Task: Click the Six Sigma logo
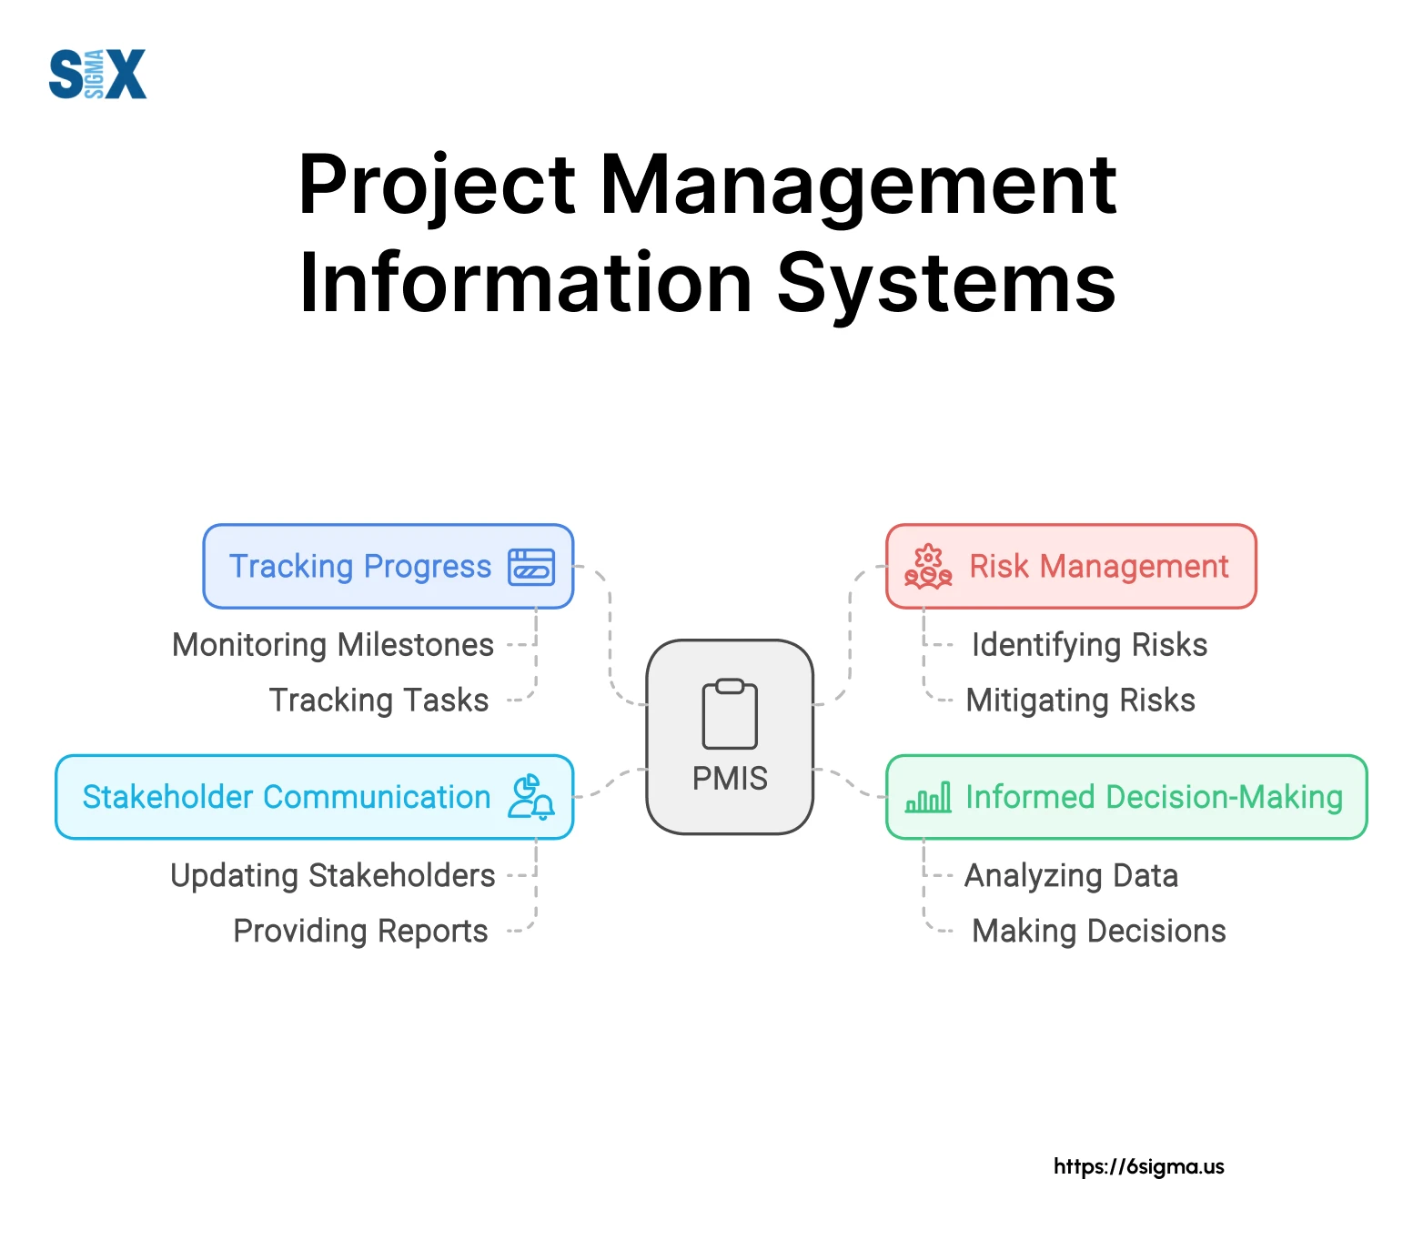(97, 74)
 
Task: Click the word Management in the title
(858, 185)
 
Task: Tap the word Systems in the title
(946, 283)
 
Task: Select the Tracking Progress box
(389, 566)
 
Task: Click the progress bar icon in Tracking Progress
(531, 567)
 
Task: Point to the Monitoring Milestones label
(333, 645)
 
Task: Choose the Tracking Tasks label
(378, 701)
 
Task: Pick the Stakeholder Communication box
(315, 797)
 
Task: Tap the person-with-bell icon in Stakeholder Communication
(531, 797)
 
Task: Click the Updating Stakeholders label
(333, 876)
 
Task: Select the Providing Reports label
(361, 932)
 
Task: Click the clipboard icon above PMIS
(730, 714)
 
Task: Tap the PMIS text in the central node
(730, 779)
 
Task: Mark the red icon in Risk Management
(928, 567)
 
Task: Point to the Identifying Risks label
(1089, 645)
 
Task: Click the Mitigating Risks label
(1081, 701)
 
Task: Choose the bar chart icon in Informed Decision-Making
(928, 798)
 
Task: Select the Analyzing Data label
(1072, 876)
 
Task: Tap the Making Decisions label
(1099, 932)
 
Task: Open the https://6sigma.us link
(1139, 1166)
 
